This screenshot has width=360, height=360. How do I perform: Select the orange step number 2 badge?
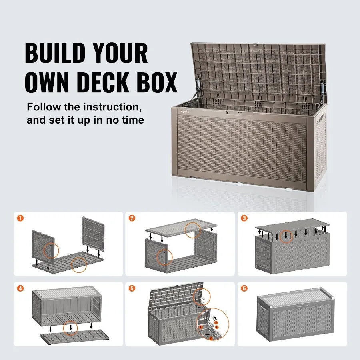click(x=132, y=218)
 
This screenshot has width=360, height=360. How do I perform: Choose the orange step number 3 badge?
click(x=244, y=218)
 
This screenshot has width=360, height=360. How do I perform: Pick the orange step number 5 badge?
click(x=132, y=288)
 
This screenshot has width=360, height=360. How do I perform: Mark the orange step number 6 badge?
click(x=244, y=288)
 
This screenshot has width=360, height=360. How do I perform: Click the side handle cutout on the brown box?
click(x=322, y=120)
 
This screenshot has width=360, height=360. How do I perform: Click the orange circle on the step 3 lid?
click(x=286, y=237)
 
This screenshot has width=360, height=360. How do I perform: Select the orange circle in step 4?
click(x=71, y=328)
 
